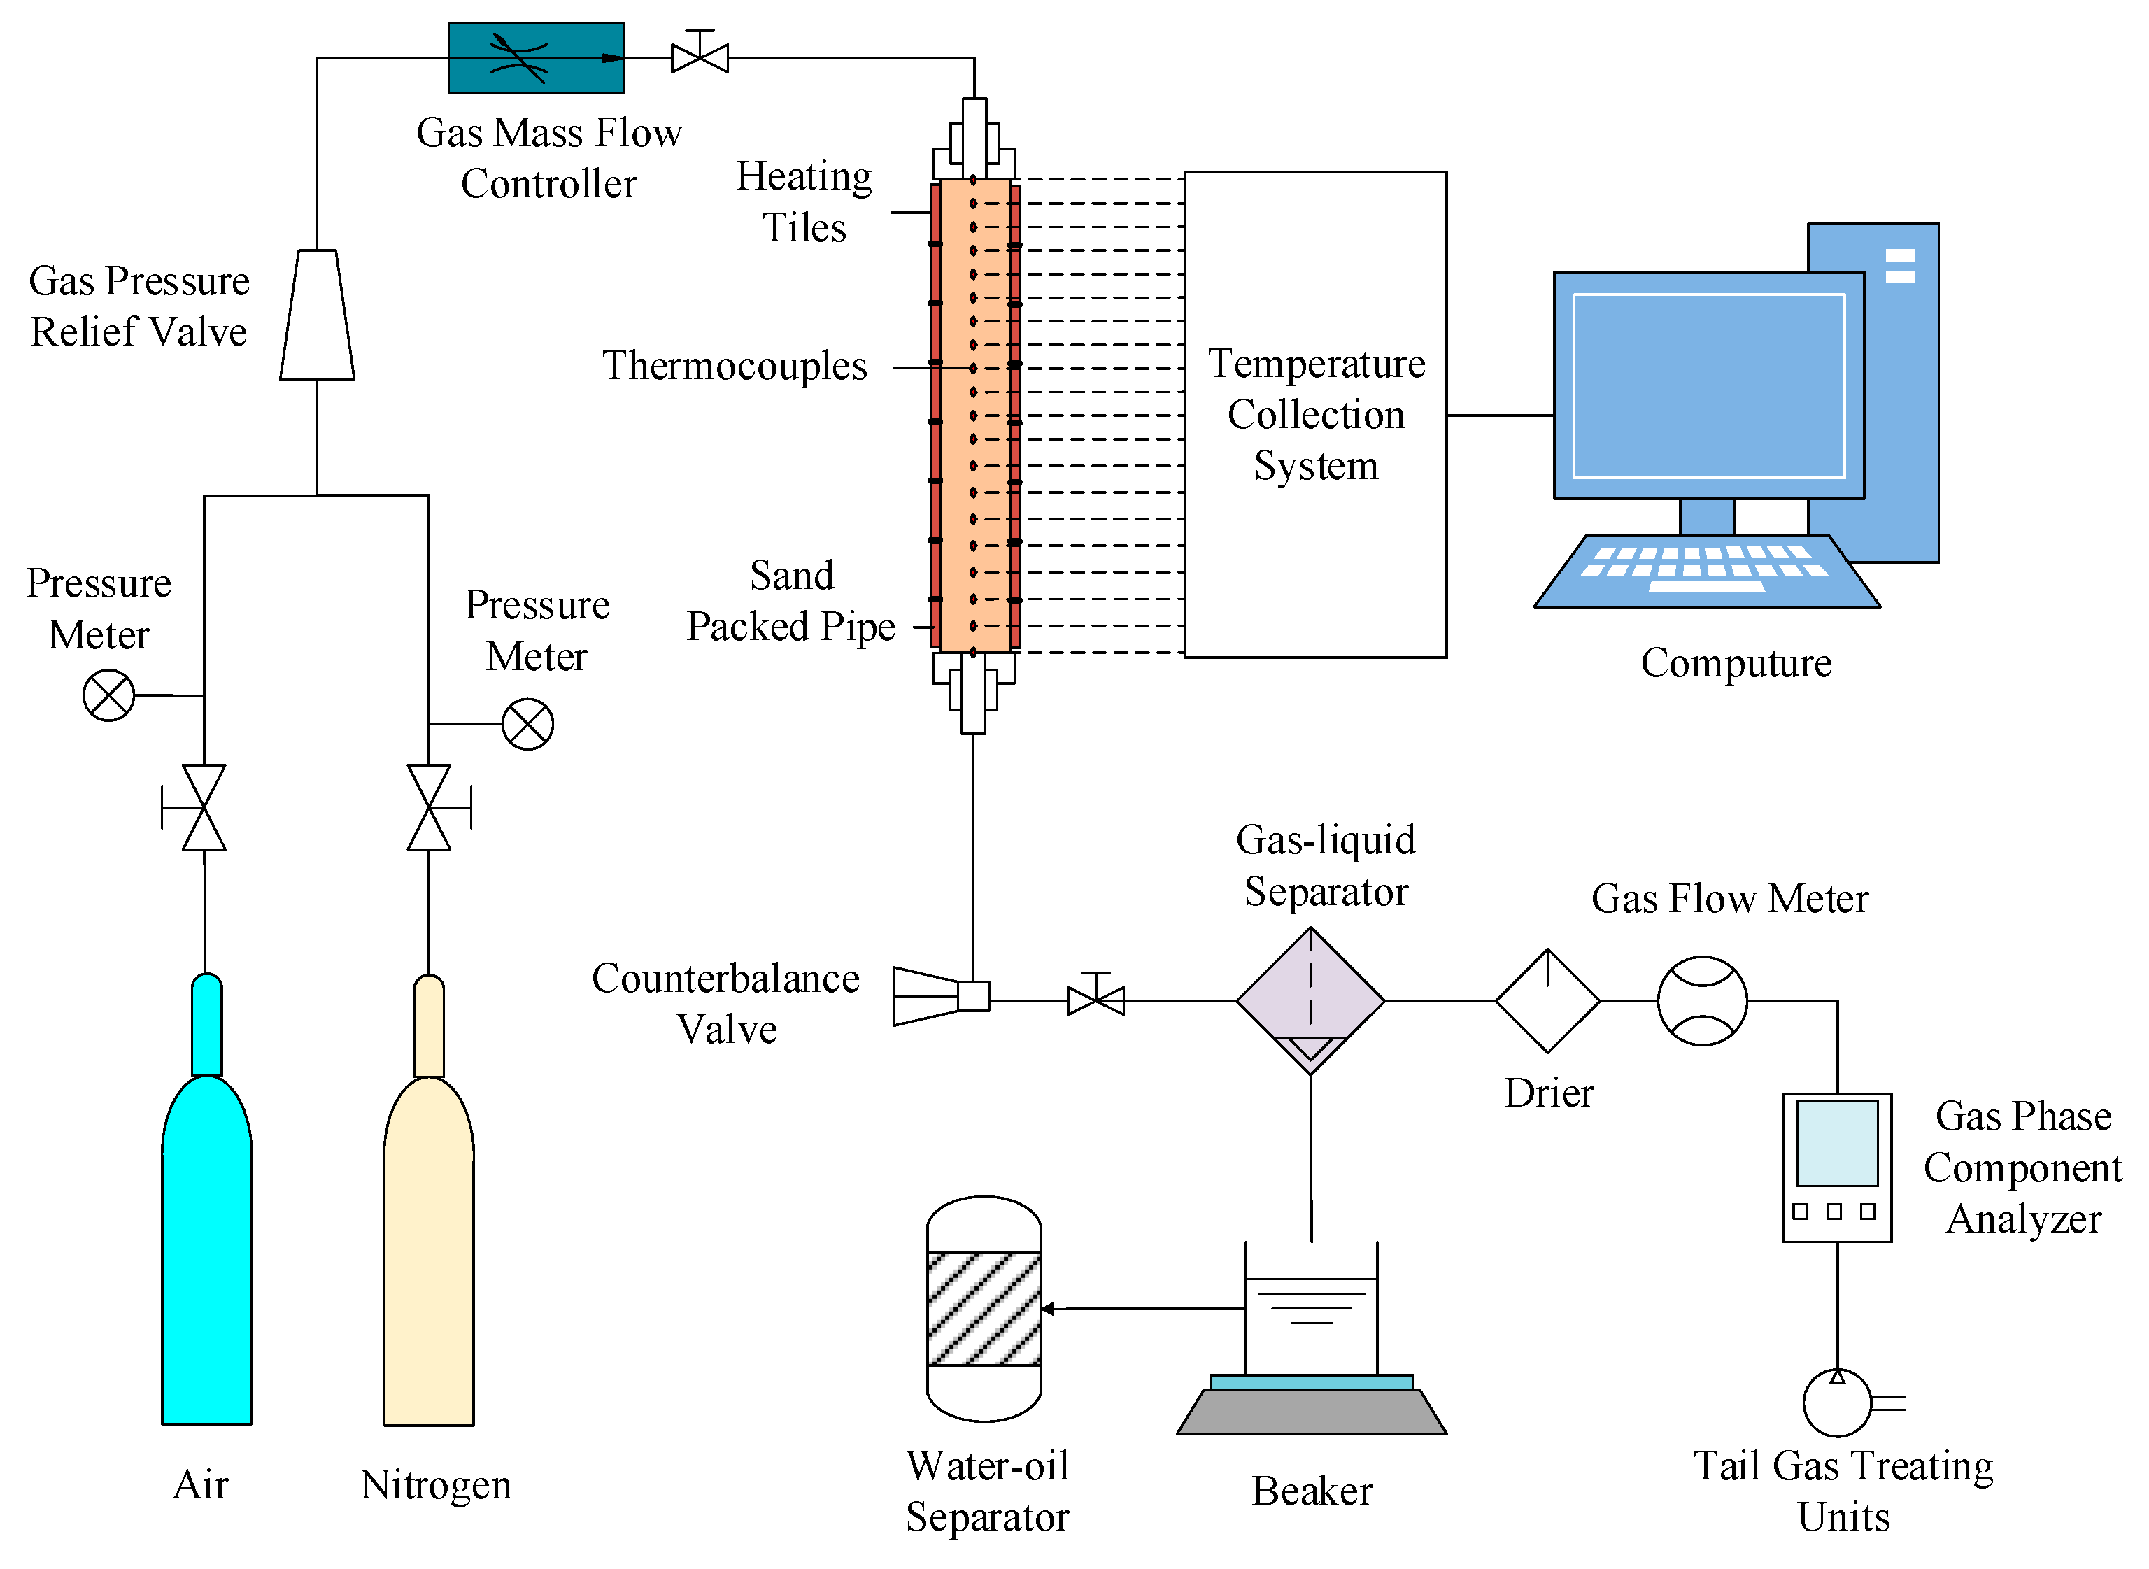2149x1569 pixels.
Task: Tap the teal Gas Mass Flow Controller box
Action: click(536, 58)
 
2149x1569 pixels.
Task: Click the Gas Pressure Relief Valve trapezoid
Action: click(316, 315)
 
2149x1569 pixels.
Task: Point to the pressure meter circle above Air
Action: click(108, 695)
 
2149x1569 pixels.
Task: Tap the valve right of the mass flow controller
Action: click(700, 53)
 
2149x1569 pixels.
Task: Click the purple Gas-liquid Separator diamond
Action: click(1310, 1001)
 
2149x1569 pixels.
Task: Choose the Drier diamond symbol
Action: click(1548, 1001)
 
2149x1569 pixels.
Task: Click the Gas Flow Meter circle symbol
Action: click(1703, 1001)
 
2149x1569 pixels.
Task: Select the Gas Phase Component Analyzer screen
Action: click(1838, 1144)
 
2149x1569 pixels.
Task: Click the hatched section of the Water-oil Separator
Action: click(984, 1309)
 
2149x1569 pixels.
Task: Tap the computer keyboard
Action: click(1706, 571)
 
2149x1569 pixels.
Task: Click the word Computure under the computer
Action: click(1736, 663)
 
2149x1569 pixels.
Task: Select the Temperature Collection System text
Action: click(1316, 414)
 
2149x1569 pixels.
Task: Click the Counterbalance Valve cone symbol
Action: click(926, 996)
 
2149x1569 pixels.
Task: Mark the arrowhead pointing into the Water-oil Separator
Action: click(1047, 1309)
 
